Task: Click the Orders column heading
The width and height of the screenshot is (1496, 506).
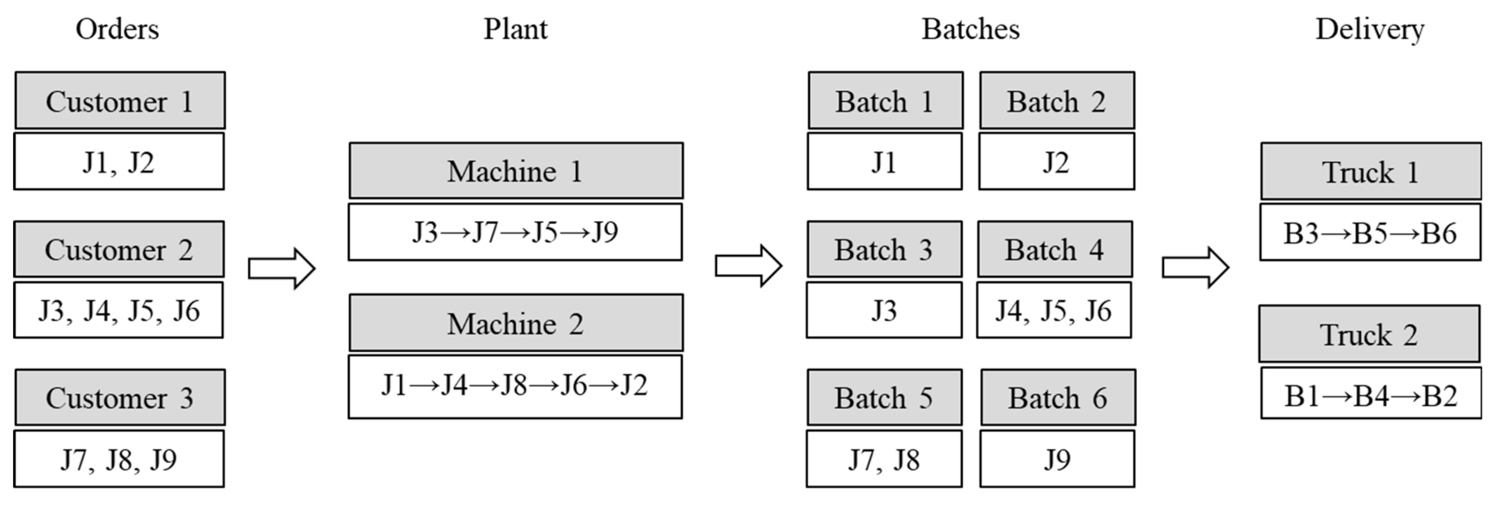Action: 117,29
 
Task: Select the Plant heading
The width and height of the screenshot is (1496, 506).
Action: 515,29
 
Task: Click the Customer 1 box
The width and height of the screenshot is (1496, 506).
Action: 120,100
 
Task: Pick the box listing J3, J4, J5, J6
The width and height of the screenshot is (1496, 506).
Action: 118,310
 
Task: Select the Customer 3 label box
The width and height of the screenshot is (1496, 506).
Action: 120,397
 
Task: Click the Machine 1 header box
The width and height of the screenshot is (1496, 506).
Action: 516,171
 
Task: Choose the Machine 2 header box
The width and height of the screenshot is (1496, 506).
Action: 516,323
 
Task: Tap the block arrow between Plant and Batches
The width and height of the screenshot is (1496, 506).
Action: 749,266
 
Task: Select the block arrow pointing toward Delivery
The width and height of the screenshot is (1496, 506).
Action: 1195,267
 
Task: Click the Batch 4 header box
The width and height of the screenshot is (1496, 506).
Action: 1055,249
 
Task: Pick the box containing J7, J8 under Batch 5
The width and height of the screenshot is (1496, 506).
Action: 884,459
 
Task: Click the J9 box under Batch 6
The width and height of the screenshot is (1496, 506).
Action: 1057,459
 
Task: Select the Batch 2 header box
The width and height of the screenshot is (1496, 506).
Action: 1057,100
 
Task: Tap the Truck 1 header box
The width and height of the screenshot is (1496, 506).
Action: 1371,171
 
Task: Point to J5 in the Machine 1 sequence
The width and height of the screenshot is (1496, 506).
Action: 545,232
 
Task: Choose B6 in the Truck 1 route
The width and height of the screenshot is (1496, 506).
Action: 1439,233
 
